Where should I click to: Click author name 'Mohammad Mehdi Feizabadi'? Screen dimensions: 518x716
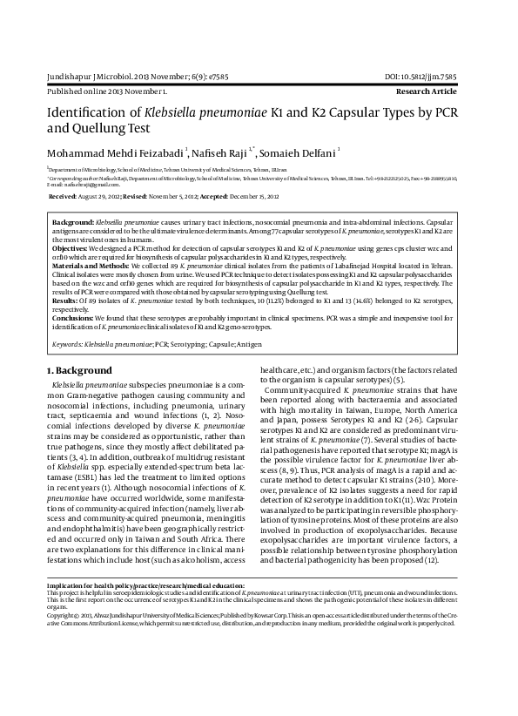click(113, 153)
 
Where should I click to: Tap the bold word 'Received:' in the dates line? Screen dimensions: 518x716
click(66, 198)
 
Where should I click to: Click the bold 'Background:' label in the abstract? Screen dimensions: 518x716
click(73, 224)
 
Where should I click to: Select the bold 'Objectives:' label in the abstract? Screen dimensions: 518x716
click(71, 247)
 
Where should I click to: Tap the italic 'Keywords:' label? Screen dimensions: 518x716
click(69, 345)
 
